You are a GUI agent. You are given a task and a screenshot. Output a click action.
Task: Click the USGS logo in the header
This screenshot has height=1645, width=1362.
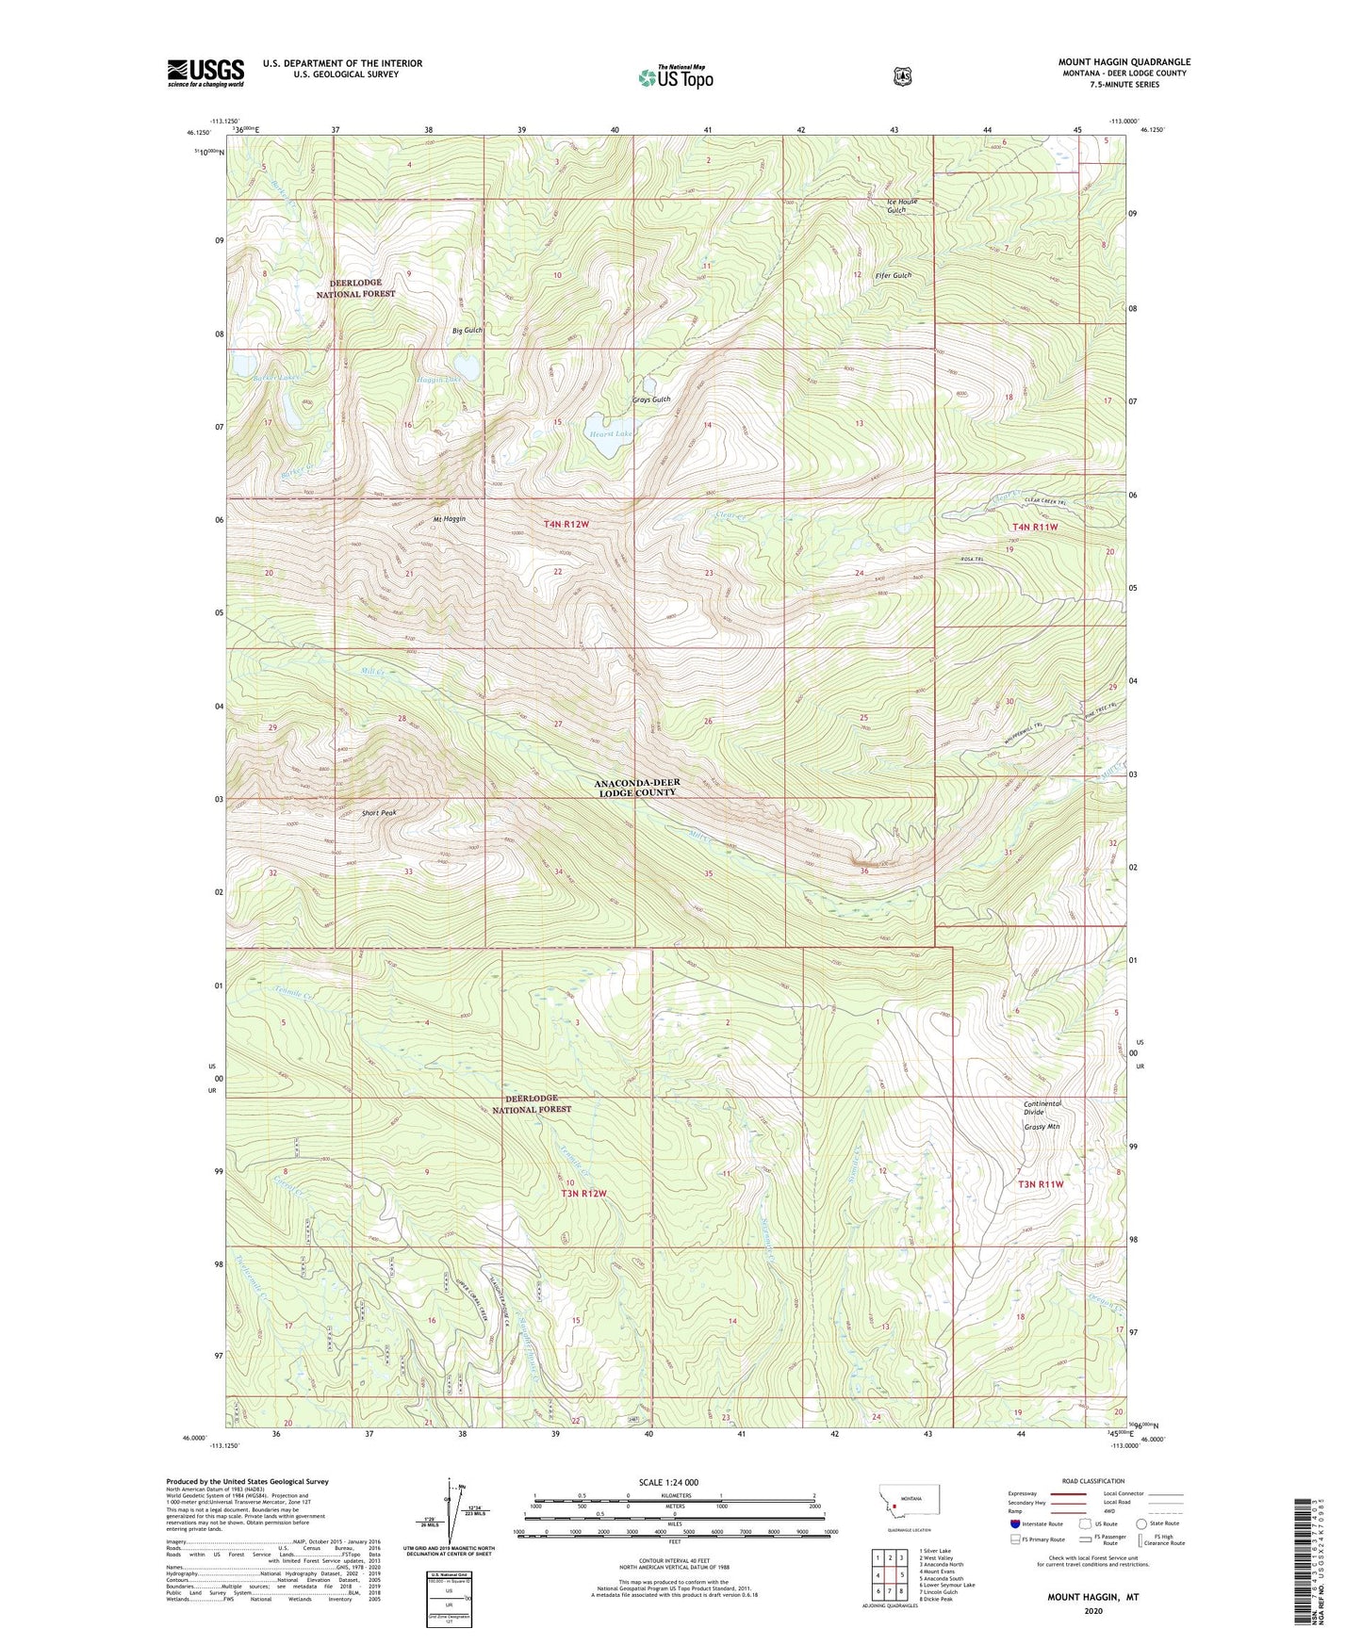click(x=205, y=73)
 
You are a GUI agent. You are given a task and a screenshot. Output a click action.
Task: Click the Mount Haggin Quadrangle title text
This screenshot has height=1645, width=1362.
click(x=1124, y=62)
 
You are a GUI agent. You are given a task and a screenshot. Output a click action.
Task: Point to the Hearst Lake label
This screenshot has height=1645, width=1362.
click(x=610, y=434)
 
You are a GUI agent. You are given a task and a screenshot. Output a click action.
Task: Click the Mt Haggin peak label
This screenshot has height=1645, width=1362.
click(x=450, y=519)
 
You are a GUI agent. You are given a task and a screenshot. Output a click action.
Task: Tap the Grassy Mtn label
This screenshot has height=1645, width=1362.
click(x=1042, y=1126)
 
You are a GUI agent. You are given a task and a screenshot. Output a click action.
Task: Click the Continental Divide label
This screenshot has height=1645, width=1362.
click(x=1042, y=1108)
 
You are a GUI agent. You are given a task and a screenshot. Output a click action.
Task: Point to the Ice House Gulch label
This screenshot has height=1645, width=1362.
click(x=901, y=205)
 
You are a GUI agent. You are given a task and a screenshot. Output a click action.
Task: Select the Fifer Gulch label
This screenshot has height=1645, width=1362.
click(x=893, y=275)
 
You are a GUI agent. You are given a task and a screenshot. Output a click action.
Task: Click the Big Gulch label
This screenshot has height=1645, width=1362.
click(x=468, y=331)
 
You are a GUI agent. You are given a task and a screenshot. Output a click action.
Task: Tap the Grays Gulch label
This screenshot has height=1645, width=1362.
click(x=651, y=399)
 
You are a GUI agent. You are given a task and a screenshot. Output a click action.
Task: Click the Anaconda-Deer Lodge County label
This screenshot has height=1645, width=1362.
click(x=636, y=788)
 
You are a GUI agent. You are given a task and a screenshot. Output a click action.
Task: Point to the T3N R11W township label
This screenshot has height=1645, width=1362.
click(x=1040, y=1184)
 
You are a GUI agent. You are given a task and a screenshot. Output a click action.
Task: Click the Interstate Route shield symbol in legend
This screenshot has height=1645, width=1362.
click(x=1014, y=1523)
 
